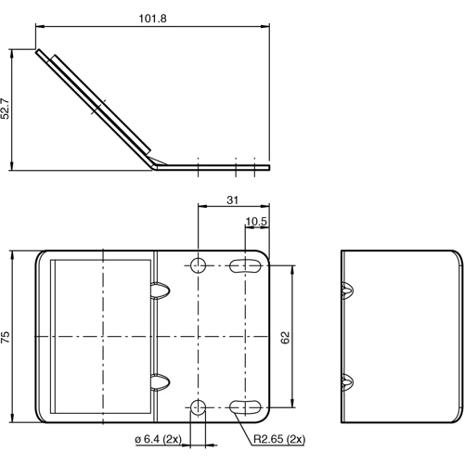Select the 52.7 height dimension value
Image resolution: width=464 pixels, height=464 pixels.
tap(7, 110)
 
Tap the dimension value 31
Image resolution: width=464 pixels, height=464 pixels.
tap(232, 199)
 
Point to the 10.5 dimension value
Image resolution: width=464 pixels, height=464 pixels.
tap(257, 221)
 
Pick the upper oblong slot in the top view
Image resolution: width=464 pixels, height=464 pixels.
tap(246, 266)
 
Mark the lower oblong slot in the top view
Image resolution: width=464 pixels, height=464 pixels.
tap(246, 406)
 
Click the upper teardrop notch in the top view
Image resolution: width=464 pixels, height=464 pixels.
tap(160, 290)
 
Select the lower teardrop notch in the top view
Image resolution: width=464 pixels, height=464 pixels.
tap(160, 381)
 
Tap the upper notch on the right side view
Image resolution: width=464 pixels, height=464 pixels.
tap(346, 290)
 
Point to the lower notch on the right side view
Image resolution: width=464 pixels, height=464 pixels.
tap(346, 381)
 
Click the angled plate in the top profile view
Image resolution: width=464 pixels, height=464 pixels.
tap(97, 104)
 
